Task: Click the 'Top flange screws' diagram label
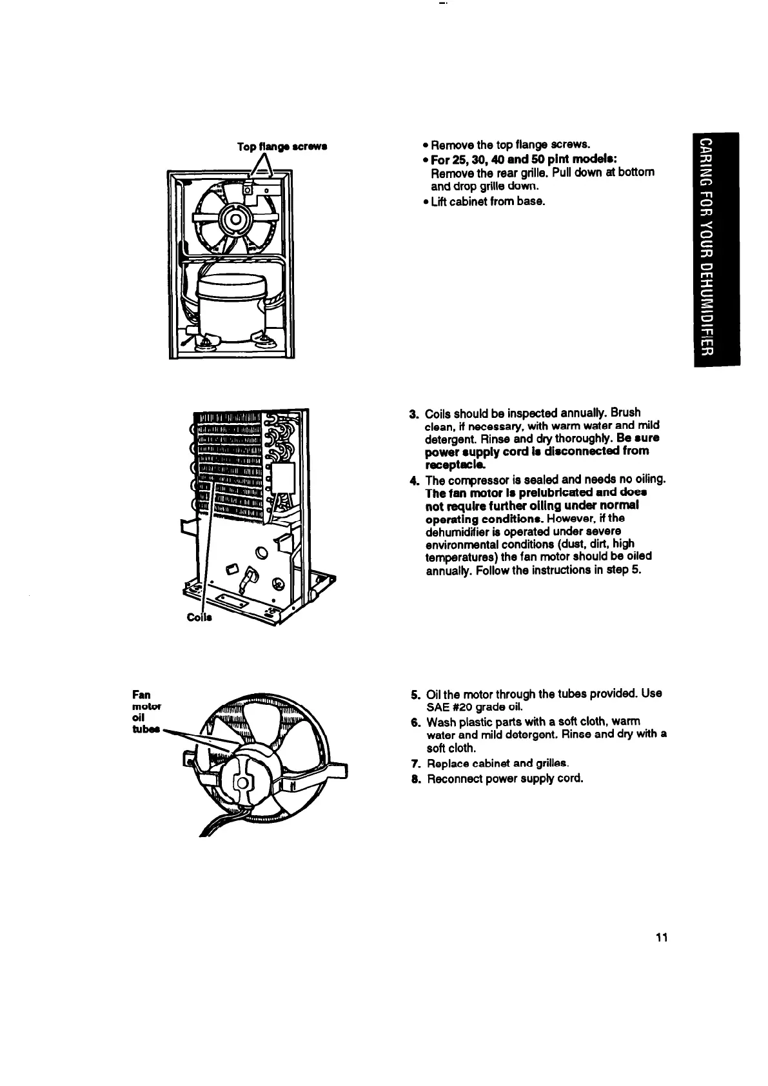click(x=283, y=147)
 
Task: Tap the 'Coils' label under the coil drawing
click(x=200, y=618)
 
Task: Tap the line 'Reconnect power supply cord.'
click(x=505, y=778)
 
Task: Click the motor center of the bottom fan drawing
click(x=242, y=784)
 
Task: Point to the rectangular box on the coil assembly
click(x=282, y=480)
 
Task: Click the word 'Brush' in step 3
click(x=626, y=413)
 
